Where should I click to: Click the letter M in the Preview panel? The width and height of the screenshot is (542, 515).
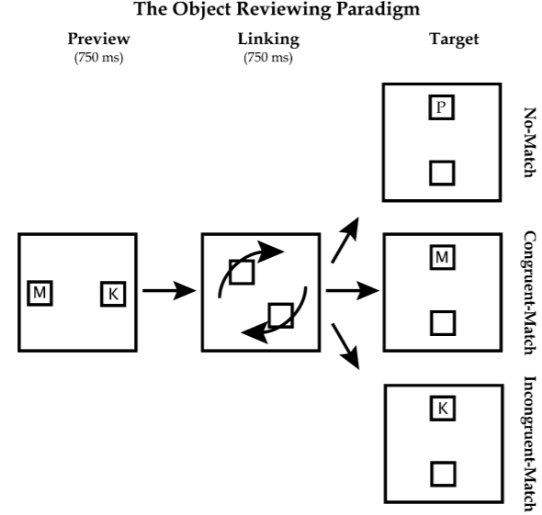pos(40,293)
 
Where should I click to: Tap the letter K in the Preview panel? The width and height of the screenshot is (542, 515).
pos(113,295)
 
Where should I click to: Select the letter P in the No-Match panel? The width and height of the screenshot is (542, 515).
pos(441,107)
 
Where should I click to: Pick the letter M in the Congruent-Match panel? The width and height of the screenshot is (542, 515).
pos(442,257)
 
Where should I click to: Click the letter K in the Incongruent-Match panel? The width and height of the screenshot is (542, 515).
pos(443,409)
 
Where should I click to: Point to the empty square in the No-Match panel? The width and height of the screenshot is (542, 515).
pos(442,173)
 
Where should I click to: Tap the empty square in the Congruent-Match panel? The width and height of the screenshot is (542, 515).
pos(443,323)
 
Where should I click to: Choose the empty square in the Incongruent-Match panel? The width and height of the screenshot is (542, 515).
pos(443,474)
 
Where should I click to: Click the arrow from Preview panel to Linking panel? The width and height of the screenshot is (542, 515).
pos(169,290)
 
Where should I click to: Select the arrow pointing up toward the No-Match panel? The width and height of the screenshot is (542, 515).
pos(345,240)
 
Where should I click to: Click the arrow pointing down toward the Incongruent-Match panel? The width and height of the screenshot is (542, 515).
pos(345,346)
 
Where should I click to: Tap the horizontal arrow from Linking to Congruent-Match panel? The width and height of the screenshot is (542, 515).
pos(353,290)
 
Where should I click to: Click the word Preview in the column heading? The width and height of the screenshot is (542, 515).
pos(99,39)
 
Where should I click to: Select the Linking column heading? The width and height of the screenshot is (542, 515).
pos(268,39)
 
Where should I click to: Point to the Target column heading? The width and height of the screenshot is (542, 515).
pos(454,39)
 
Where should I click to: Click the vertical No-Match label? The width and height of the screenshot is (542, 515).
pos(529,142)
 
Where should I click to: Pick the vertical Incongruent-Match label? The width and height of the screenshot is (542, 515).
pos(529,443)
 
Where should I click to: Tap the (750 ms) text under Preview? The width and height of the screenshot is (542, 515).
pos(99,57)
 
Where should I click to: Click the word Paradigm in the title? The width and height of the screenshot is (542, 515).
pos(378,9)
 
